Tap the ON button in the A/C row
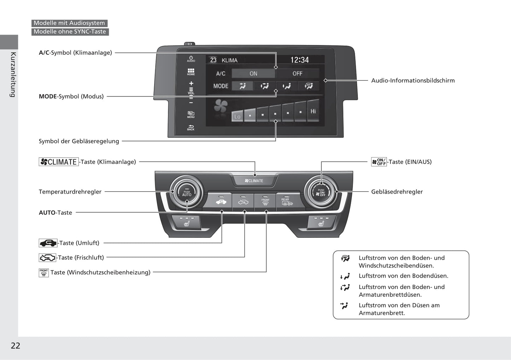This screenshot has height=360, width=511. [x=253, y=73]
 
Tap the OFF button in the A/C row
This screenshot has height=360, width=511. [x=297, y=73]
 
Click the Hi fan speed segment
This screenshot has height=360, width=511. [x=313, y=111]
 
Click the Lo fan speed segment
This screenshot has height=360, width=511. [x=237, y=116]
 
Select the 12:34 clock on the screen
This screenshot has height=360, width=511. [x=299, y=60]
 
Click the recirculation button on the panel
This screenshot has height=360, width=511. [x=220, y=201]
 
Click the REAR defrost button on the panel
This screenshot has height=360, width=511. [x=287, y=202]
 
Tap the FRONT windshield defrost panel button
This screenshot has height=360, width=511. [x=265, y=202]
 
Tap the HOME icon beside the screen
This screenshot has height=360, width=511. [x=191, y=72]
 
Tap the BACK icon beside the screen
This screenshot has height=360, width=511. [x=191, y=128]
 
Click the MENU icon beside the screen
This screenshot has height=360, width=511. [x=191, y=114]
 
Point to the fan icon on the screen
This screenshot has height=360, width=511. [x=221, y=106]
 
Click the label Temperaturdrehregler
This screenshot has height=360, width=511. [x=70, y=192]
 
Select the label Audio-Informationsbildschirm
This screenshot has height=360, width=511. [x=413, y=81]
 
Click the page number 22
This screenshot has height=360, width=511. [x=16, y=346]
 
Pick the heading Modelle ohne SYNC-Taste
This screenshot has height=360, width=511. [x=70, y=31]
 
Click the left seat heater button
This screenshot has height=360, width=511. [x=186, y=222]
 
